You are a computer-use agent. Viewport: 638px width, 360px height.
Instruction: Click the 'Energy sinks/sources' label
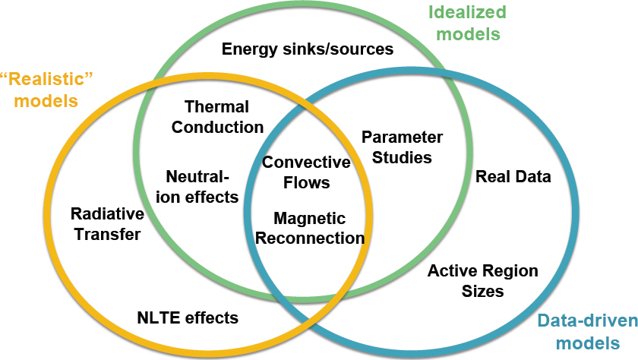[x=307, y=49]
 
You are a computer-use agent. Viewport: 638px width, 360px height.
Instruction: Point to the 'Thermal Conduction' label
[x=217, y=117]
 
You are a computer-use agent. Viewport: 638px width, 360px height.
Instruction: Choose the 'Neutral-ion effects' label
[x=202, y=187]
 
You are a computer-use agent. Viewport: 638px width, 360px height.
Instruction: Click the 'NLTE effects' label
[x=188, y=317]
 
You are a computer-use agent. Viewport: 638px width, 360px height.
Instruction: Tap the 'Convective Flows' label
[x=306, y=172]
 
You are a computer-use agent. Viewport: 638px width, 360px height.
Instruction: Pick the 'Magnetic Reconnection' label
[x=310, y=229]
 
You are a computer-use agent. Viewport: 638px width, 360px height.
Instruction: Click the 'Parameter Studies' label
[x=402, y=147]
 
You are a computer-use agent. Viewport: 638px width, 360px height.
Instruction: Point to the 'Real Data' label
[x=513, y=177]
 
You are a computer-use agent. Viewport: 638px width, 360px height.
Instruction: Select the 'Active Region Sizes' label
[x=482, y=281]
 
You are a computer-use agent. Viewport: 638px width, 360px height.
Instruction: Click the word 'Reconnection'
[x=310, y=238]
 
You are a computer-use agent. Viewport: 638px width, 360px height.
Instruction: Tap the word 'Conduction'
[x=217, y=127]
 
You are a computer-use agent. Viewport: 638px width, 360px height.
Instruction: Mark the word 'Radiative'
[x=107, y=214]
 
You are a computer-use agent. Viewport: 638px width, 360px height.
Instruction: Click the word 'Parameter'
[x=402, y=137]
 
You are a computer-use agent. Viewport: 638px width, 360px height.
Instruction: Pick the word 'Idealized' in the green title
[x=467, y=12]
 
